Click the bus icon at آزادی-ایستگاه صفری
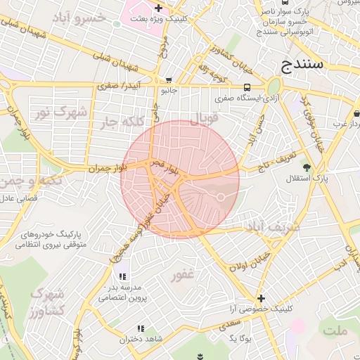coord(247,87)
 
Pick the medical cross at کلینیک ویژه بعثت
coord(159,9)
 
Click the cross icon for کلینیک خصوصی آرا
coord(262,298)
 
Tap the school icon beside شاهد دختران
coord(141,328)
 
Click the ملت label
coord(335,330)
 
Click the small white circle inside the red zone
coord(220,198)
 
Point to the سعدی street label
coord(229,324)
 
